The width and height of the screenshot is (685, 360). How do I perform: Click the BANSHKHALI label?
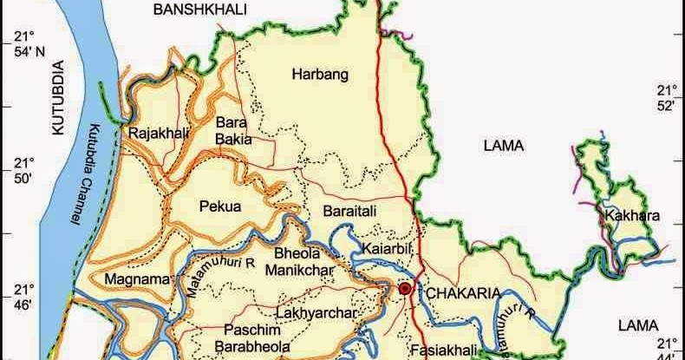tap(200, 10)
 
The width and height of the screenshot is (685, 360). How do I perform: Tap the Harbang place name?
tap(320, 75)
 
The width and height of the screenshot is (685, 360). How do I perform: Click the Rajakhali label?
tap(153, 134)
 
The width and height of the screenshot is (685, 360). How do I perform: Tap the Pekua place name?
tap(219, 206)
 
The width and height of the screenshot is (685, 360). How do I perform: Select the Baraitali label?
tap(350, 211)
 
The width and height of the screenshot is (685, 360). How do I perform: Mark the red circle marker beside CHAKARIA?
tap(404, 288)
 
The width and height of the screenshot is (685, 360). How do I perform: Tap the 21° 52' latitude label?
tap(665, 98)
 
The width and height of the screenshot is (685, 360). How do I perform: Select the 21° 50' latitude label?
tap(19, 171)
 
